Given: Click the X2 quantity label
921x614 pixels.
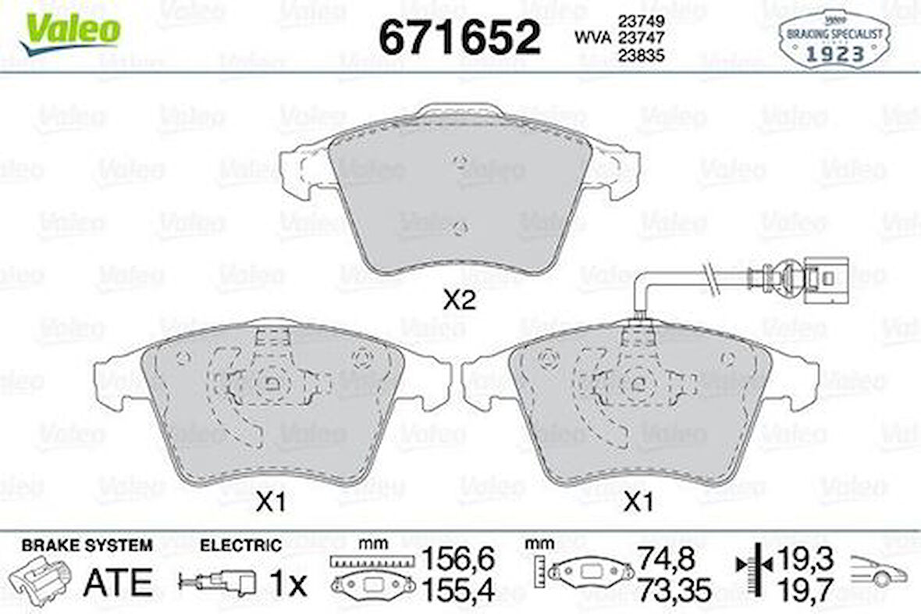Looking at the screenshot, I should coord(459,300).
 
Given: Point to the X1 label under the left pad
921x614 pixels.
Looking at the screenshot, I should coord(270,504).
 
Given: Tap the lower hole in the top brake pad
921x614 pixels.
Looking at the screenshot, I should coord(460,227).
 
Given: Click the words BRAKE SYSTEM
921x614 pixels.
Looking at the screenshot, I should coord(87,545).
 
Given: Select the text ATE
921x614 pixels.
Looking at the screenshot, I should coord(117,583).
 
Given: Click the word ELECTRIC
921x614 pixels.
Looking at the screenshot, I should coord(240,545).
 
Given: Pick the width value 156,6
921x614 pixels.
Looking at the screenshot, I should coord(458,559).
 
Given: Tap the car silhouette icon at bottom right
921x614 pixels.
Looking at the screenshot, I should coord(878,571).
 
